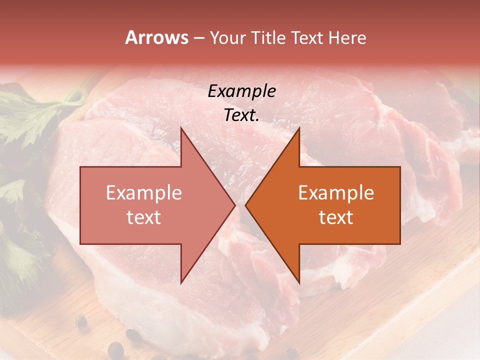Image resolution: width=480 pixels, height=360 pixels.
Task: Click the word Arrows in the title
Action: tap(156, 37)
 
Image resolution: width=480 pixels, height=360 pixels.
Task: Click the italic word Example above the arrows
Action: tap(241, 91)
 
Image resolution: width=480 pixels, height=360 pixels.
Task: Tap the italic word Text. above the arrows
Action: tap(241, 115)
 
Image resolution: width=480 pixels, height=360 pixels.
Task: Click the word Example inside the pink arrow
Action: tap(144, 193)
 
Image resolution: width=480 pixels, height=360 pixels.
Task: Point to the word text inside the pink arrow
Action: tap(144, 217)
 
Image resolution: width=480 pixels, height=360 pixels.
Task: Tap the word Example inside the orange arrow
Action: tap(336, 193)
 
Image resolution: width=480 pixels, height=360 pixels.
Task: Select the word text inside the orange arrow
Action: tap(336, 217)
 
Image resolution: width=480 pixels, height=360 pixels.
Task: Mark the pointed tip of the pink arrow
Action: tap(235, 205)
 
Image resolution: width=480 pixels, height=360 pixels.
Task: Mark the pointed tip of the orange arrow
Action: tap(245, 205)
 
